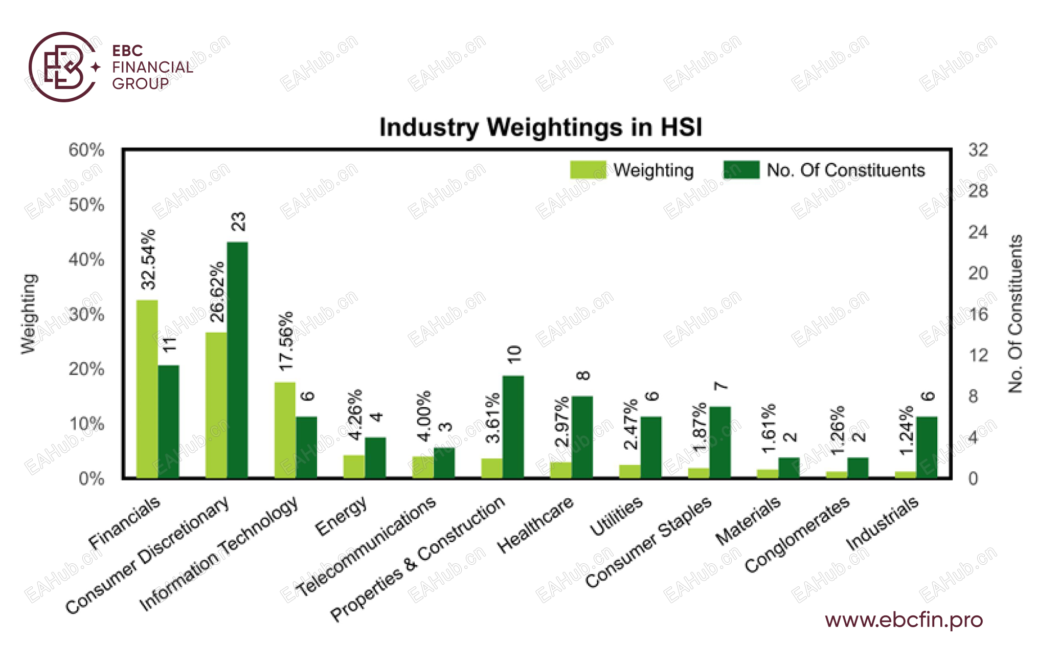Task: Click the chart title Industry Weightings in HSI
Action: pos(540,127)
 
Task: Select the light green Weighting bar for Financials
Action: pos(147,389)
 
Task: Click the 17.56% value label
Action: pos(286,341)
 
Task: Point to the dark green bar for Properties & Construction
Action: pos(513,427)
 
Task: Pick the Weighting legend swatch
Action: pos(588,170)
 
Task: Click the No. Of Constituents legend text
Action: pos(846,170)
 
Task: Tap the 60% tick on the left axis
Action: pos(86,150)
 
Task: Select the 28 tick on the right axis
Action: pos(978,191)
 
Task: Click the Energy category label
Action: pos(341,516)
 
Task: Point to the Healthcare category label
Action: pos(535,525)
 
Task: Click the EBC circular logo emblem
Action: pos(63,67)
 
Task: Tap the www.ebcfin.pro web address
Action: pos(904,620)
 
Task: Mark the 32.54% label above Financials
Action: pos(148,259)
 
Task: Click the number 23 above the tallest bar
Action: pos(239,222)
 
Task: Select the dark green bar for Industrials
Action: pos(927,447)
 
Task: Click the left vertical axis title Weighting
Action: pos(29,314)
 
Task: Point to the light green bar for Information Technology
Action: pos(285,430)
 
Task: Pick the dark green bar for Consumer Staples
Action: pos(720,442)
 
